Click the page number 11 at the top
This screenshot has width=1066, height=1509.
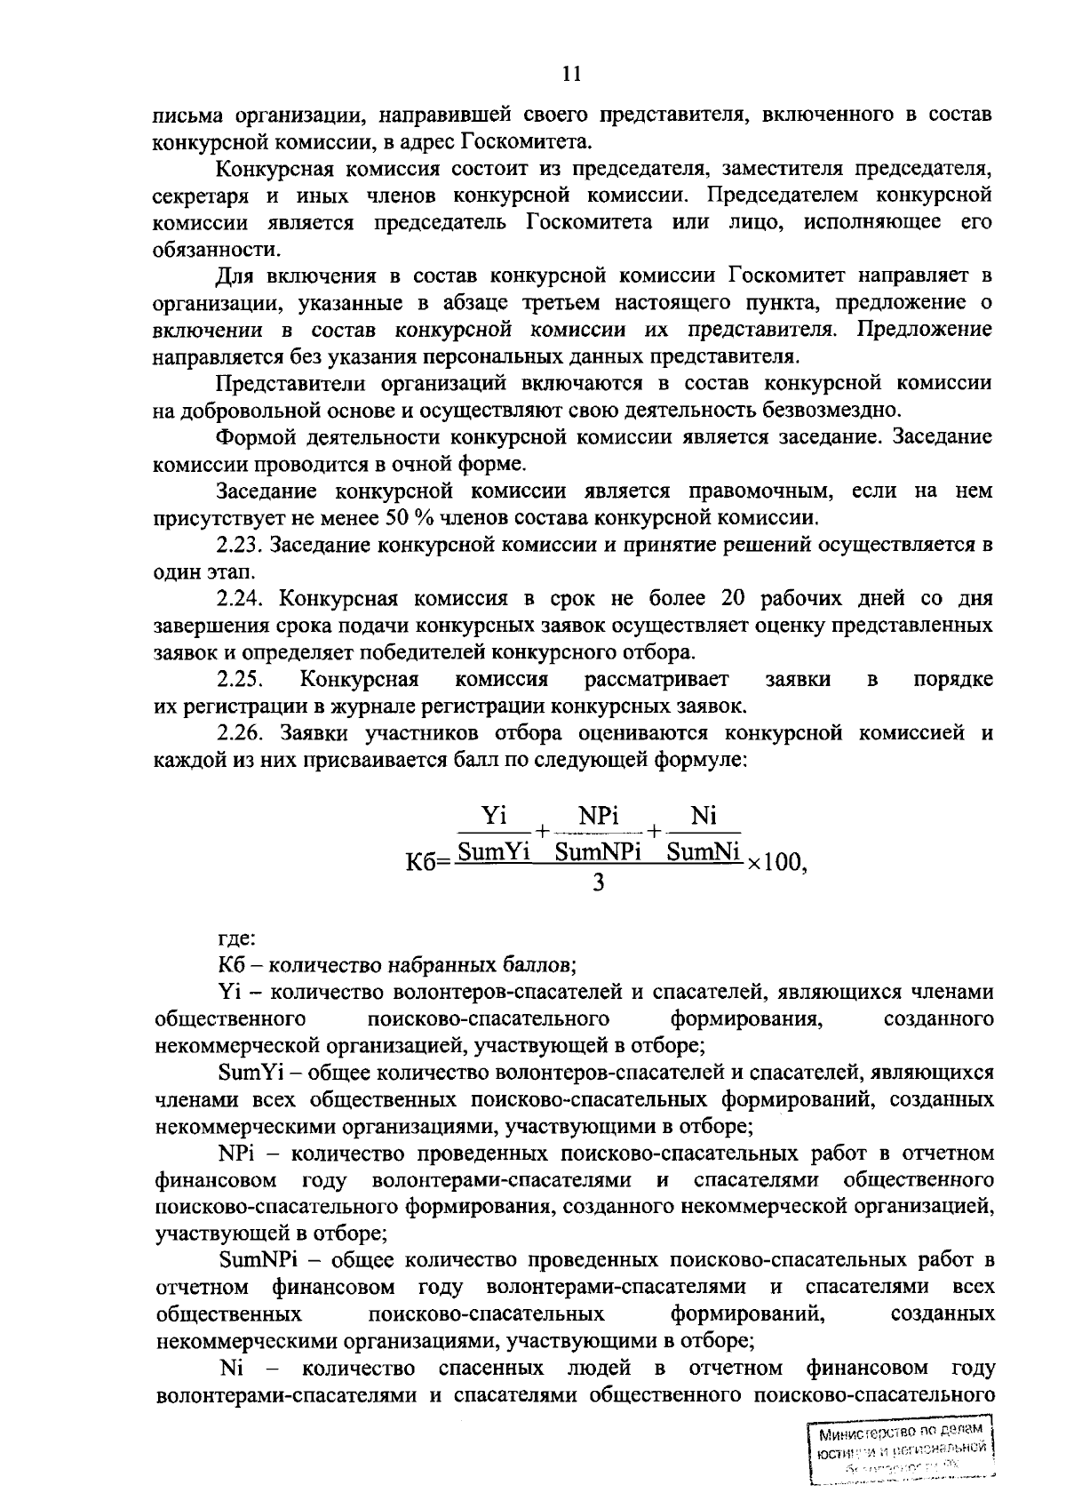tap(572, 75)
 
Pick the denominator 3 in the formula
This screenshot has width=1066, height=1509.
tap(598, 884)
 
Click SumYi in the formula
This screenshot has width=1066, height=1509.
tap(493, 852)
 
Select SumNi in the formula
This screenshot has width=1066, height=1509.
tap(704, 852)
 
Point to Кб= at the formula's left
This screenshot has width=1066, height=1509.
tap(427, 863)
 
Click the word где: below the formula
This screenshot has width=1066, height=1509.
tap(236, 938)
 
